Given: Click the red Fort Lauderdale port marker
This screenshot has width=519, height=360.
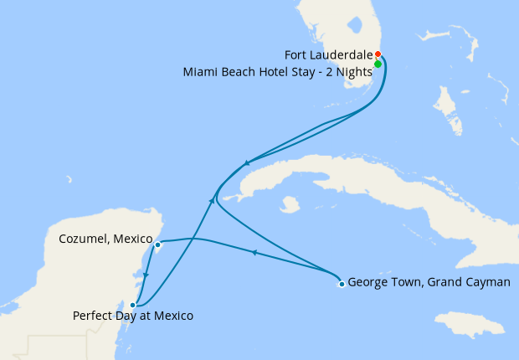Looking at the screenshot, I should (378, 54).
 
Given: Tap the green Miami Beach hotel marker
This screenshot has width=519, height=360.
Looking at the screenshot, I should (378, 64).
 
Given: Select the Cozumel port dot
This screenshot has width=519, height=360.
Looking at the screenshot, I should (157, 244).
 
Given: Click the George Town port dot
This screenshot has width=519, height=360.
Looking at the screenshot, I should (341, 283).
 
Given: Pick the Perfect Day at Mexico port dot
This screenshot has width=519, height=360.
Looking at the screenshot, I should (133, 305).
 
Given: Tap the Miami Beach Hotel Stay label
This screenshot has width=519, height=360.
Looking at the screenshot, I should (277, 72).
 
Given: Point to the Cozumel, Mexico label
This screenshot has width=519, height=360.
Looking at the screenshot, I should (105, 239).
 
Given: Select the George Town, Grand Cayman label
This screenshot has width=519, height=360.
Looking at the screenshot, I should (429, 282).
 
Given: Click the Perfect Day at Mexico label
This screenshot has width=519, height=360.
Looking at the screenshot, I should (133, 316).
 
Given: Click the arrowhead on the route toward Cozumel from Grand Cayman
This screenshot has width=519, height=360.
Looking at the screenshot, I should (253, 252).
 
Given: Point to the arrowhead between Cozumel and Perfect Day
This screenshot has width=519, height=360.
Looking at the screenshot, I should (146, 276).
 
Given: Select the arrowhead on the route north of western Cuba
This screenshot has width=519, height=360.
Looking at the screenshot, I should (246, 163).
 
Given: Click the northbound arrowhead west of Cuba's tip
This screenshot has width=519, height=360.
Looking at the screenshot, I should (211, 200).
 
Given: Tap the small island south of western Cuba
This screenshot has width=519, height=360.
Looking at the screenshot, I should (290, 203).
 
